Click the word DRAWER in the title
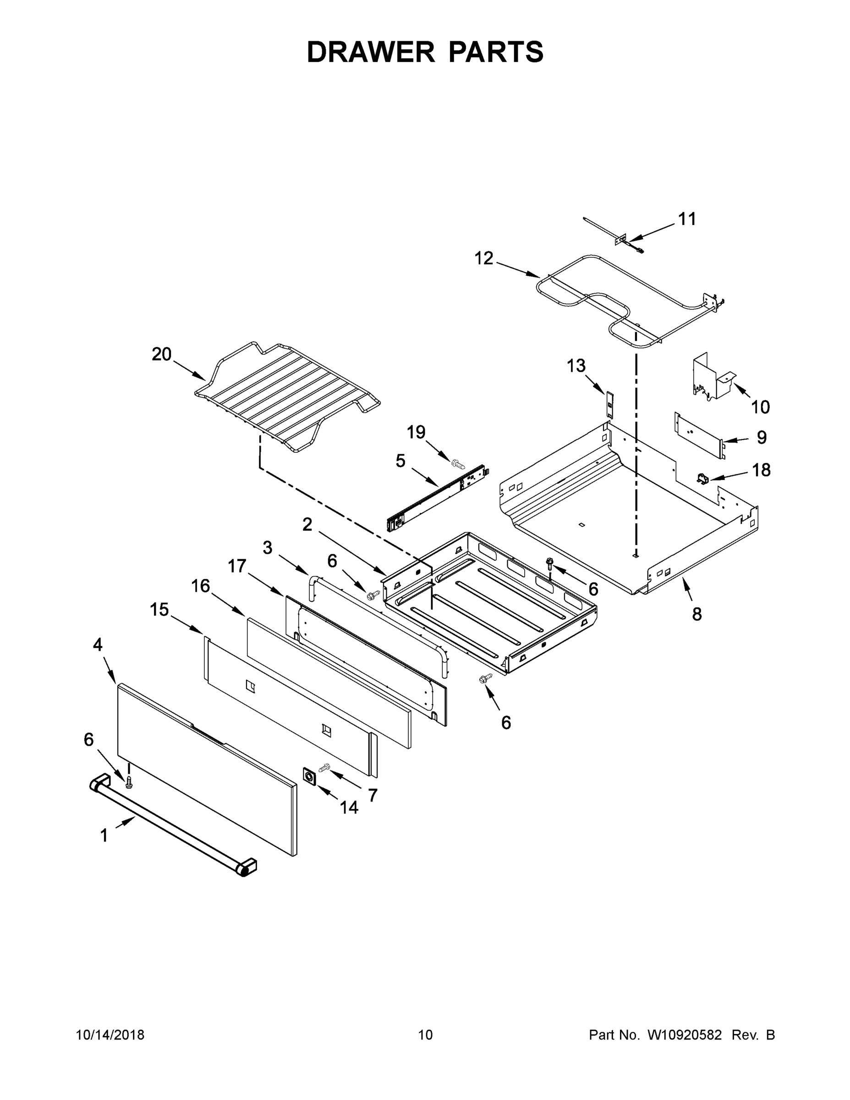click(x=371, y=52)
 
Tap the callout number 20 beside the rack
click(x=162, y=355)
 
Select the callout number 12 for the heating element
click(x=484, y=258)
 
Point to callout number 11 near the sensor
click(x=687, y=219)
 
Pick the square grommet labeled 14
click(x=309, y=776)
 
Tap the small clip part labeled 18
click(x=703, y=478)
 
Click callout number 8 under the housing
click(x=697, y=614)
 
